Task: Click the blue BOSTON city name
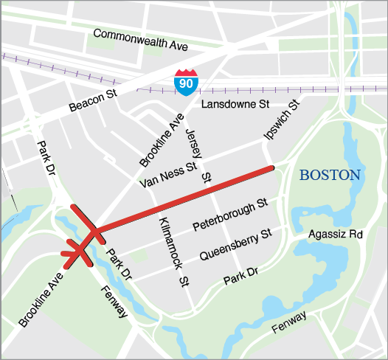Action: tap(330, 176)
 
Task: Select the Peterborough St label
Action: tap(229, 214)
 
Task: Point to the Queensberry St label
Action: tap(235, 245)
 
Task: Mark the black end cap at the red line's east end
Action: tap(274, 168)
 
